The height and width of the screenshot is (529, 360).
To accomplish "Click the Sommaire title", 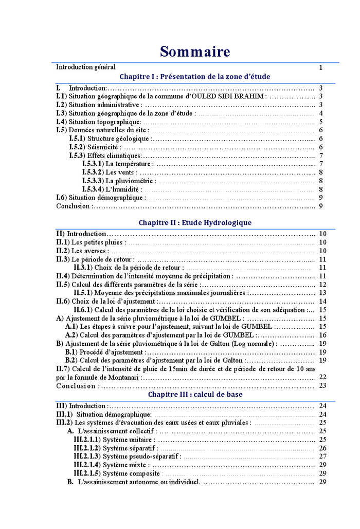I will click(x=194, y=51).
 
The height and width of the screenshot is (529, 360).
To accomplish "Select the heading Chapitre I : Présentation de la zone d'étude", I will click(x=194, y=77).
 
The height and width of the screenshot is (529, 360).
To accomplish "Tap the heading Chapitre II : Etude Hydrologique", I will click(x=194, y=223).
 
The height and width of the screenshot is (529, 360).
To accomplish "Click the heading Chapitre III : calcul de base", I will click(x=195, y=395).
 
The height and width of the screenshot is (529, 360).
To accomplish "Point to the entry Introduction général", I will click(x=86, y=67).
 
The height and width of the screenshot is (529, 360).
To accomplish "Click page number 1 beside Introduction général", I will click(x=320, y=67).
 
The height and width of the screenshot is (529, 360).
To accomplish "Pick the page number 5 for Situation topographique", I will click(x=320, y=122).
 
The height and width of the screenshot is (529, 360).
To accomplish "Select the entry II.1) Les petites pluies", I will click(x=91, y=242).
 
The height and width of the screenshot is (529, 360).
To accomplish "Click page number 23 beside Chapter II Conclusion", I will click(x=322, y=386).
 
